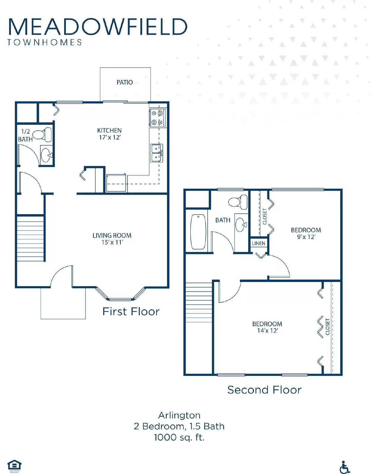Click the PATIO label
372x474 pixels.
(x=125, y=82)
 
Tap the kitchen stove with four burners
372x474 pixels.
(x=157, y=117)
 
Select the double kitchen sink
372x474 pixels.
(x=157, y=153)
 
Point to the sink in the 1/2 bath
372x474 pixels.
(x=46, y=155)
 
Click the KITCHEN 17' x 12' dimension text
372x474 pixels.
(x=110, y=137)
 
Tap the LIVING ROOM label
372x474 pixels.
(x=112, y=236)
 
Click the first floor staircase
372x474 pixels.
(x=30, y=238)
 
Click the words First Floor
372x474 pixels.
(x=131, y=312)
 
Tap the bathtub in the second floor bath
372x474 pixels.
(x=198, y=232)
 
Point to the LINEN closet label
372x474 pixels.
(x=258, y=243)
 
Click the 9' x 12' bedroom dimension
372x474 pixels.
(x=306, y=237)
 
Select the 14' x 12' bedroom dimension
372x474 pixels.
(x=267, y=331)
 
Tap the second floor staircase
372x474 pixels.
(x=199, y=302)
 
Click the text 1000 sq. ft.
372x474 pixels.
(x=179, y=437)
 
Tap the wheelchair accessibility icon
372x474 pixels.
(x=344, y=467)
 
